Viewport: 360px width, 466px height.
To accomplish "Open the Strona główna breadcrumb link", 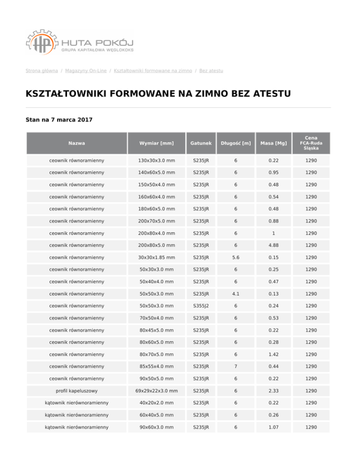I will click(42, 71).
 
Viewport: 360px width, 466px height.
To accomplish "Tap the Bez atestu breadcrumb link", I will click(211, 71).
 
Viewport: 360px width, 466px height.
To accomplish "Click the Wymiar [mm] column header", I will click(157, 143).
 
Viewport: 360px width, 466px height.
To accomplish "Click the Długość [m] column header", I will click(236, 143).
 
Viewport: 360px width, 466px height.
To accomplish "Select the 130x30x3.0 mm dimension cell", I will click(157, 160).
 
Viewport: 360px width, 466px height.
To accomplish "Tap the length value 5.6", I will click(236, 257).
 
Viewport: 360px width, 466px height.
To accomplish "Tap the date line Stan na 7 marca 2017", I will click(59, 120).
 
